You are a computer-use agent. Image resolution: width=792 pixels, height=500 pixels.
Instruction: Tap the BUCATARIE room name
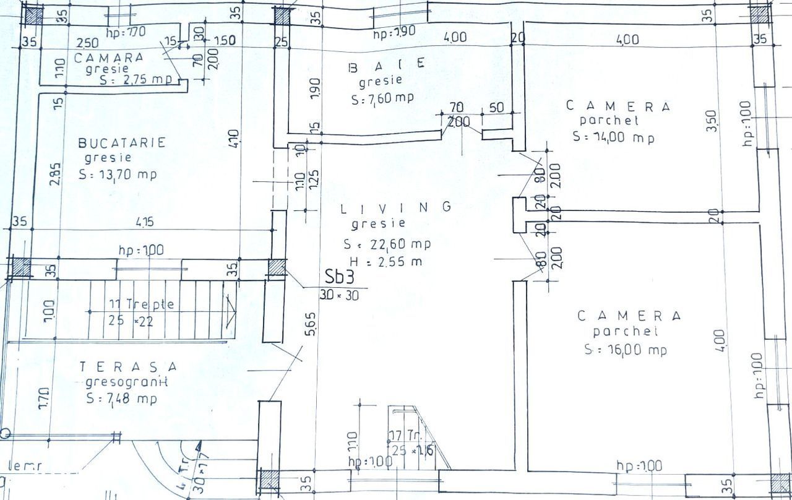point(122,143)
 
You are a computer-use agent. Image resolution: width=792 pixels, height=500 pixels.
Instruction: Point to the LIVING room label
point(397,208)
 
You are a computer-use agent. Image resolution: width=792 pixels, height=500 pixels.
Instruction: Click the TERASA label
point(128,367)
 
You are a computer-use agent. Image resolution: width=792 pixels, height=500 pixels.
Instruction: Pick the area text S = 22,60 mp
point(387,244)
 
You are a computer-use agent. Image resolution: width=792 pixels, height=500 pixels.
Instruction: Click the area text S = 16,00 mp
point(626,350)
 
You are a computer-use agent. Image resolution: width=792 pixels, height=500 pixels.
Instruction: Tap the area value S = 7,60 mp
point(382,98)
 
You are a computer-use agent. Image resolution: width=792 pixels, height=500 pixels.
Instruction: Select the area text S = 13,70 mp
point(118,175)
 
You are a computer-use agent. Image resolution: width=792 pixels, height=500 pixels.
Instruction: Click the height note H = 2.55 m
point(383,261)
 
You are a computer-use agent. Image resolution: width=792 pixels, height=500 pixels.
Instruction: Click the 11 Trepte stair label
point(142,304)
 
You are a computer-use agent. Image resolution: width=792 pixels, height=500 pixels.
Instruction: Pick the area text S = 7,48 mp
point(121,399)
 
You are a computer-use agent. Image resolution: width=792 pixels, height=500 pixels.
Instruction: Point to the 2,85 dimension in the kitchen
point(56,174)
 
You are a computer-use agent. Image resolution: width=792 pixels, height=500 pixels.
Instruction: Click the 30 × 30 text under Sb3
point(339,295)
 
